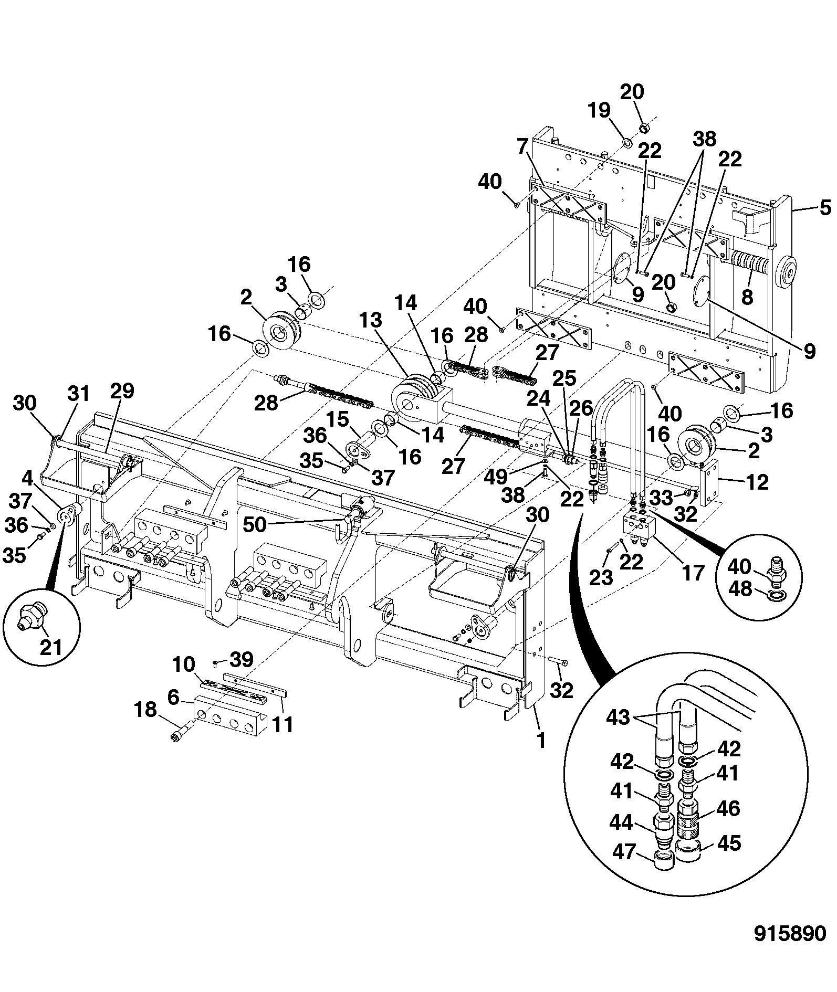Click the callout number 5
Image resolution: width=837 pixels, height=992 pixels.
825,208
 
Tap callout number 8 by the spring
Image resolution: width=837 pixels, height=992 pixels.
746,297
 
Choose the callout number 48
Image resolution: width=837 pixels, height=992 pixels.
741,589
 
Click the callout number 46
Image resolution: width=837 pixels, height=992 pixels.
727,809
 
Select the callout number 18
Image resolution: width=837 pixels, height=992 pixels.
146,710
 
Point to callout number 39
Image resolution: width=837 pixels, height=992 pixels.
242,660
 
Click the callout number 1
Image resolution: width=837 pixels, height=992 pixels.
540,741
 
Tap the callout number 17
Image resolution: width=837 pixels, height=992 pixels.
693,573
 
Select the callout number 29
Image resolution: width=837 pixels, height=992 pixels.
122,391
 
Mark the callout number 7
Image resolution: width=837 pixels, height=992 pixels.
521,147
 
